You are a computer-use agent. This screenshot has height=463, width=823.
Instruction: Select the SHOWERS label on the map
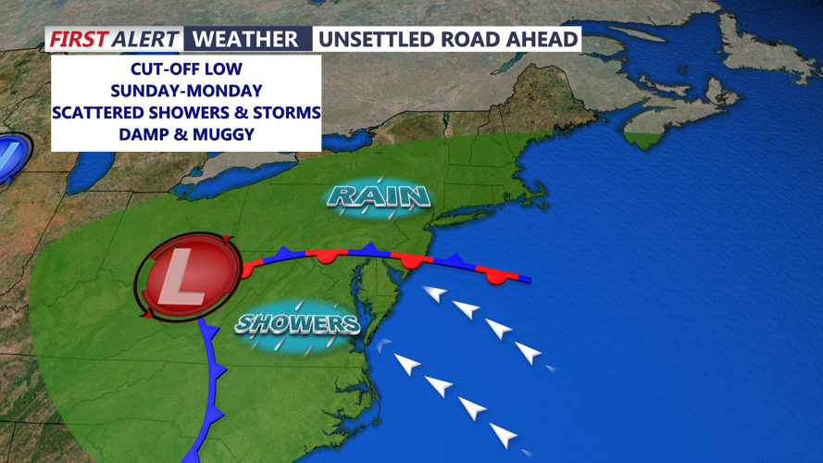click(296, 323)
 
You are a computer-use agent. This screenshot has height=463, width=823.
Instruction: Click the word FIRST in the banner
click(77, 39)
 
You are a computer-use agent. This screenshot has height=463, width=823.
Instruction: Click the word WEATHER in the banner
click(245, 39)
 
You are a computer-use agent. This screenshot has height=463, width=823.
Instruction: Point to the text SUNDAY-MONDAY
click(186, 91)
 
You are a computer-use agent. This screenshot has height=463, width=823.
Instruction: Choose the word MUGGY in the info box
click(222, 133)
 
